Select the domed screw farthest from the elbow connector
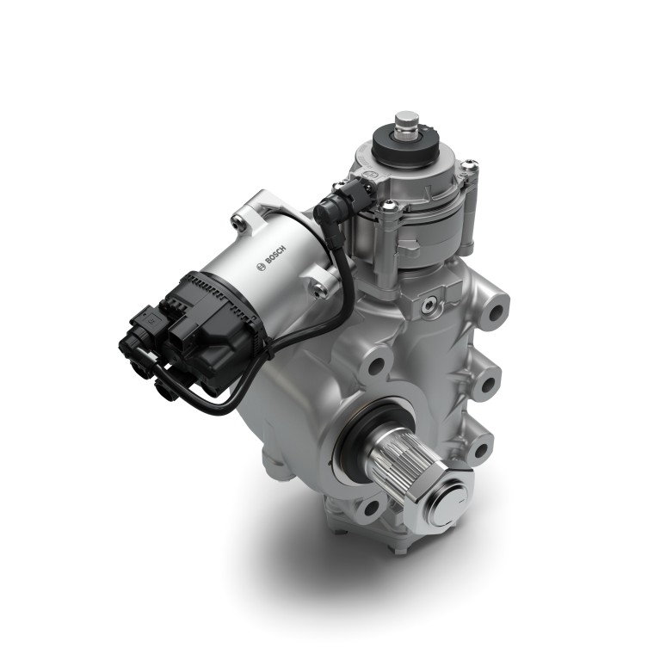click(x=470, y=164)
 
